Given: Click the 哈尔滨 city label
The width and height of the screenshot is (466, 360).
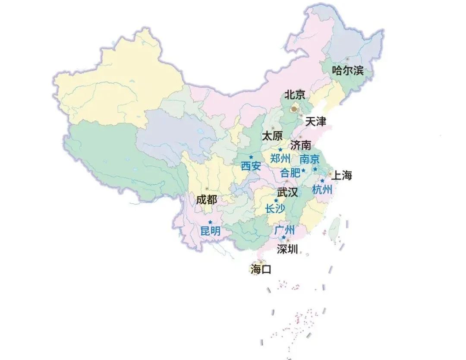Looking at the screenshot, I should click(347, 71).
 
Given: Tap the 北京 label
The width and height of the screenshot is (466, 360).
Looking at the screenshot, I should click(295, 95).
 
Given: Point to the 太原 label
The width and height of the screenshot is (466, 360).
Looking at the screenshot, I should click(272, 136).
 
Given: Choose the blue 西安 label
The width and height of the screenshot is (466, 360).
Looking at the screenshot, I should click(251, 166).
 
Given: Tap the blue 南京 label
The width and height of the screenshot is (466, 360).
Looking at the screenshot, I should click(310, 159).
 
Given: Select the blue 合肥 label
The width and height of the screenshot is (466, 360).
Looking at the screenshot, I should click(290, 173).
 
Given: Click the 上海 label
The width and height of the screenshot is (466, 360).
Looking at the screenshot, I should click(342, 175).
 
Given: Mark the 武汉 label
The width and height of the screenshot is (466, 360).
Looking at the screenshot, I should click(287, 193).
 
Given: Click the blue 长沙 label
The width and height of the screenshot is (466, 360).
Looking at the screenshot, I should click(275, 209).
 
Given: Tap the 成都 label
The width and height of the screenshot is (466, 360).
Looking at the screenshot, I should click(206, 199).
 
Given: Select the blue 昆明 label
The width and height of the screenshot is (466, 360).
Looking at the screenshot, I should click(211, 231).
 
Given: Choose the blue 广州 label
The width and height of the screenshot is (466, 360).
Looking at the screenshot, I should click(284, 230).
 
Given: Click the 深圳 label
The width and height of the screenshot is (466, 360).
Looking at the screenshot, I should click(287, 249).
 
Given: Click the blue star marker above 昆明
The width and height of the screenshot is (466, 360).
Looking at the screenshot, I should click(210, 222).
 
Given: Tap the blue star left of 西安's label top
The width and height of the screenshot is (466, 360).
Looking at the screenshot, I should click(251, 157).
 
